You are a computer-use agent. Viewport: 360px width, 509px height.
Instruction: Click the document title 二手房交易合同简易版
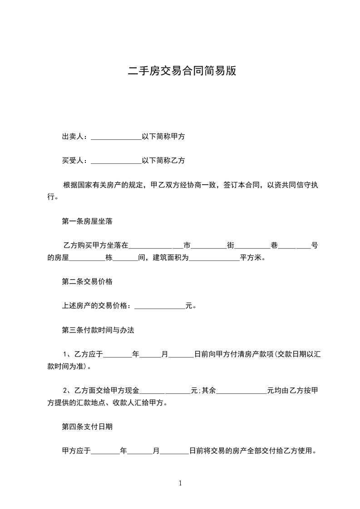[x=182, y=71]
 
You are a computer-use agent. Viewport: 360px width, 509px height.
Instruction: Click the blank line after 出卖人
[x=116, y=137]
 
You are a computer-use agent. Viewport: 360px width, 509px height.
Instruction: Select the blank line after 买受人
[x=116, y=161]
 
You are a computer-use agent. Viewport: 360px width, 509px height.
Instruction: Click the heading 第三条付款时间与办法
[x=98, y=330]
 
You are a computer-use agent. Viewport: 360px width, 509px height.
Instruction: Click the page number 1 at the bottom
[x=180, y=483]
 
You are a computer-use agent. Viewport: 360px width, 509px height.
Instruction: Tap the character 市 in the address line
[x=187, y=246]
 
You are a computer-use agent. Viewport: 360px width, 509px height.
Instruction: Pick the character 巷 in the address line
[x=274, y=246]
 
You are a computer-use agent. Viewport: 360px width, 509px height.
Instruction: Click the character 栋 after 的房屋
[x=108, y=258]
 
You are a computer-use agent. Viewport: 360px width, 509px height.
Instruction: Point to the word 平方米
[x=251, y=258]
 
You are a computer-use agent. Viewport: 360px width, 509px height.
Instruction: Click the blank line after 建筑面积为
[x=214, y=258]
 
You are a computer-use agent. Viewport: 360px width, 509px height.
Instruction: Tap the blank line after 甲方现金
[x=165, y=391]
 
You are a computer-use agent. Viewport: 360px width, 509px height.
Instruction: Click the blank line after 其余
[x=242, y=391]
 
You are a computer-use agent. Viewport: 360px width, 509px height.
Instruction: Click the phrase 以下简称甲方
[x=163, y=137]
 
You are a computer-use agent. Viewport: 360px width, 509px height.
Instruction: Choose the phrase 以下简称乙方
[x=163, y=161]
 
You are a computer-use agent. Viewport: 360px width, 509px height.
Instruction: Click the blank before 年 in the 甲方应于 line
[x=105, y=451]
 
